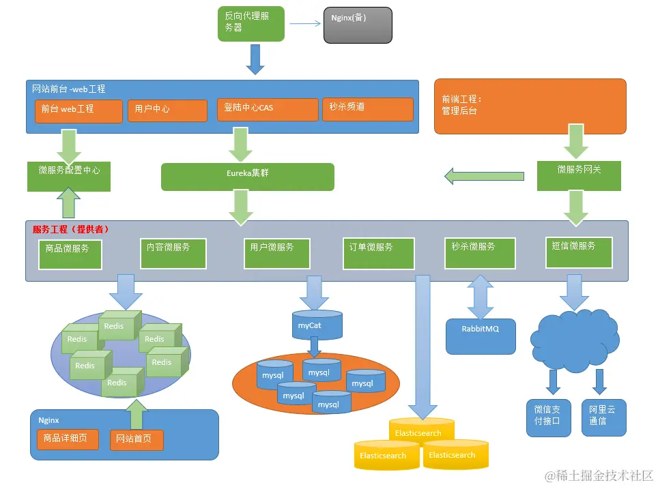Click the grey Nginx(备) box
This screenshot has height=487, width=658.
click(x=358, y=25)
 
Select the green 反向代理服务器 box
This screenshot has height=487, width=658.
click(x=251, y=24)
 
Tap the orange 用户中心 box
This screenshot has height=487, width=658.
click(x=167, y=110)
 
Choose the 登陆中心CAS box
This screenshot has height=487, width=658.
click(x=268, y=109)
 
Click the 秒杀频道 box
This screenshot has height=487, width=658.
click(x=367, y=108)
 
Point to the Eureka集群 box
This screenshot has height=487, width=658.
click(x=247, y=176)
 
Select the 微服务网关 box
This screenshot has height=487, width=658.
click(x=578, y=175)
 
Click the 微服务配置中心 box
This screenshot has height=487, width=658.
click(x=69, y=176)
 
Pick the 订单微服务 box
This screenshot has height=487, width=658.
click(x=378, y=252)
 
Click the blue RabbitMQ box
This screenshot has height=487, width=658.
click(x=481, y=336)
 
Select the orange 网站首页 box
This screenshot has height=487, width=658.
click(x=137, y=440)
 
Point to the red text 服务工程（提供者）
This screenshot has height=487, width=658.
click(x=71, y=229)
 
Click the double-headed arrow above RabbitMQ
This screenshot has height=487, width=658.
click(x=481, y=296)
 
